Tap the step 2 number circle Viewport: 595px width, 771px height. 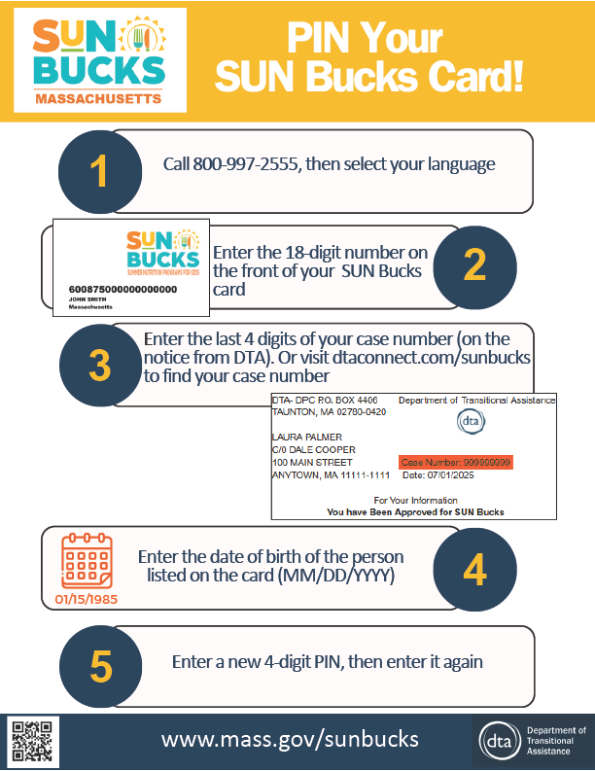[x=473, y=263]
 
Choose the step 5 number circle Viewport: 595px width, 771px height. [x=101, y=667]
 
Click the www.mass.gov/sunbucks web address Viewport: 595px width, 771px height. [x=290, y=739]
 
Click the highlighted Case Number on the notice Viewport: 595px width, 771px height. [x=455, y=462]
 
